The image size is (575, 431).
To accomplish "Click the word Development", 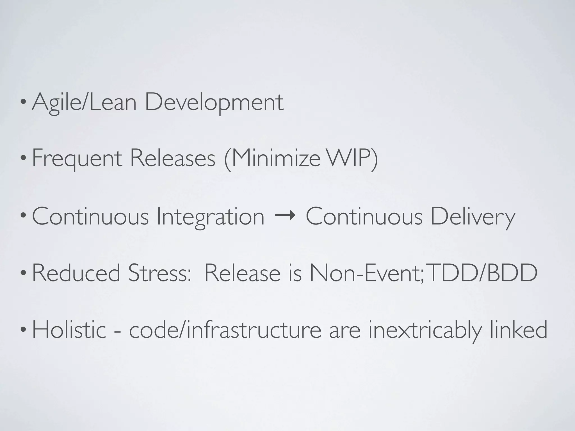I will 214,103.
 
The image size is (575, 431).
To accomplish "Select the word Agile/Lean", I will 84,103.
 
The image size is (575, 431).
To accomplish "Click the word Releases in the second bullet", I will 172,159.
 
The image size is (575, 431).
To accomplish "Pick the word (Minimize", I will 272,159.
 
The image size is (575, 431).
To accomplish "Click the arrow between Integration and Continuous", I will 285,216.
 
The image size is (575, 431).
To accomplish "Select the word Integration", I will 211,217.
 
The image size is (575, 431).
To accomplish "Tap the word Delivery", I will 473,217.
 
